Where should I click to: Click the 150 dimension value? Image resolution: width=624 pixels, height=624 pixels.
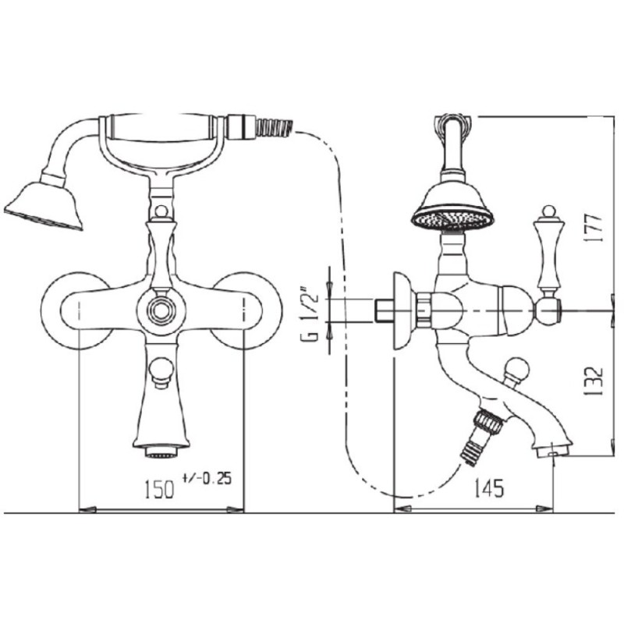pos(159,489)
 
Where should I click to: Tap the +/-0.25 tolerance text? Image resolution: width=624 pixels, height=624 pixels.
pos(207,478)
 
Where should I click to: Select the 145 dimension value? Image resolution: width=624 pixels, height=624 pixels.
pos(489,488)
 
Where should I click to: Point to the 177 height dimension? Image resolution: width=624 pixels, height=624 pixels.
pos(594,227)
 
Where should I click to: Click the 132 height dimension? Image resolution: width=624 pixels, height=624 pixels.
pos(594,381)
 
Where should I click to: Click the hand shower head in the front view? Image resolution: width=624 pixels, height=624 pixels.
pos(44,206)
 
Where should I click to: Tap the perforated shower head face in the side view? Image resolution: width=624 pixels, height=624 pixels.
pos(453,220)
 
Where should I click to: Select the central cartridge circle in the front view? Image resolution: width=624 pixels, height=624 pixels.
pos(161,310)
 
